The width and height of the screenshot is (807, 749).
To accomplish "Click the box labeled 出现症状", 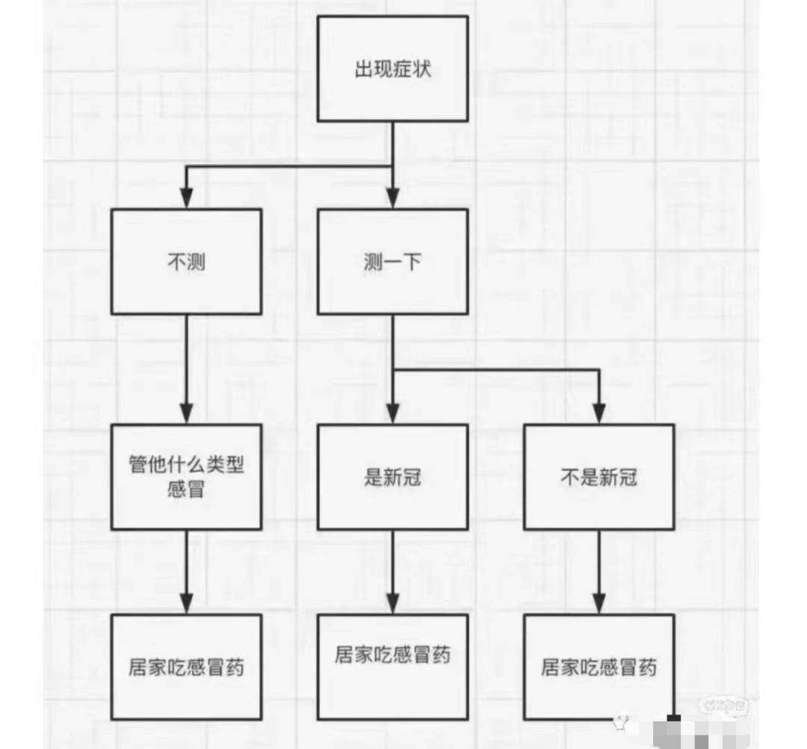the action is tap(392, 68).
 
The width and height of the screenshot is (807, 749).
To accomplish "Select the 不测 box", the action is tap(186, 262).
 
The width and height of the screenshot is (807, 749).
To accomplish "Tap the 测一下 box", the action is tap(392, 262).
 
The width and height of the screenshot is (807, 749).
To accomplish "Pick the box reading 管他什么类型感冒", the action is tap(186, 477).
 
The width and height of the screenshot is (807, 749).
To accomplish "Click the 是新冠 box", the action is tap(392, 477).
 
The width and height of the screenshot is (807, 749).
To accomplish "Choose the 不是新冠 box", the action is tap(599, 477).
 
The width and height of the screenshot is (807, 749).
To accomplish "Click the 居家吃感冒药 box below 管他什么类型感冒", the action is tap(186, 667).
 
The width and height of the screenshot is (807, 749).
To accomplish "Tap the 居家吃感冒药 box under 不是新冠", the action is tap(599, 667).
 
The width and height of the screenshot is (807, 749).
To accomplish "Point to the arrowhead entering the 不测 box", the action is tap(186, 198).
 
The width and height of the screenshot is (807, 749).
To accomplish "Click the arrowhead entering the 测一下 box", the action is tap(392, 198).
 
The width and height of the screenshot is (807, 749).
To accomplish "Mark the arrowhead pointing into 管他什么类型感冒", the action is tap(186, 413).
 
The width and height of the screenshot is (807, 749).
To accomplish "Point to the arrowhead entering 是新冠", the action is tap(392, 413).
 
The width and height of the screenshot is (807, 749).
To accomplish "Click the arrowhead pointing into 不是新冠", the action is tap(599, 413).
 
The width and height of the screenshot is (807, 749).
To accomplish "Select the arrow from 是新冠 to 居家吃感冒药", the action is tap(392, 572).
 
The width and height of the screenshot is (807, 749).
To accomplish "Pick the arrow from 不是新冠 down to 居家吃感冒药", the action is tap(599, 572).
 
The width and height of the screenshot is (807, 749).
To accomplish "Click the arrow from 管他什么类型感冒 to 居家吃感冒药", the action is tap(186, 572).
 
